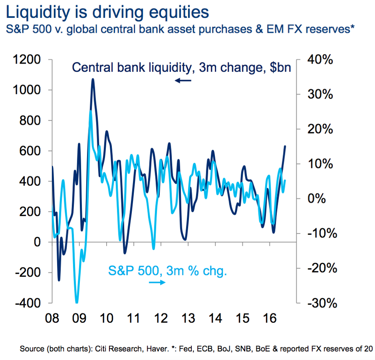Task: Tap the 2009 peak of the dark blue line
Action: click(93, 79)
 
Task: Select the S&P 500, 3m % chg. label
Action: click(167, 270)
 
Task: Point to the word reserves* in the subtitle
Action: click(332, 29)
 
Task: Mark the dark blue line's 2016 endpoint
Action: click(285, 146)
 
